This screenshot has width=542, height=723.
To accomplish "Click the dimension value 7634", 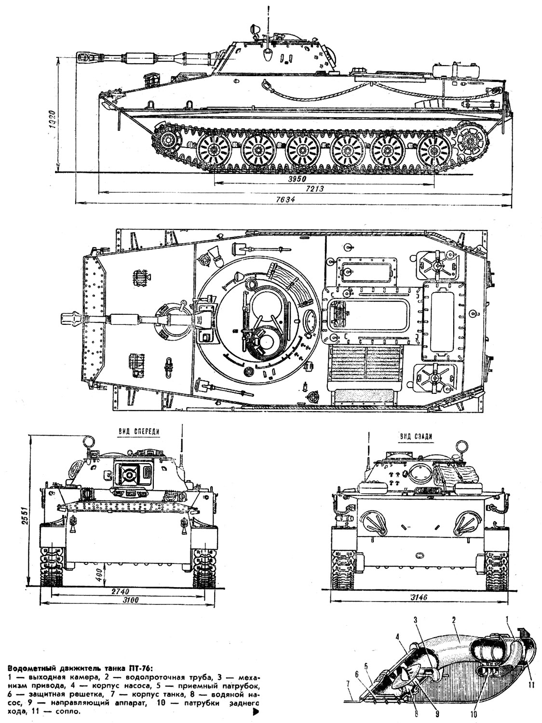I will (x=289, y=200).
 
